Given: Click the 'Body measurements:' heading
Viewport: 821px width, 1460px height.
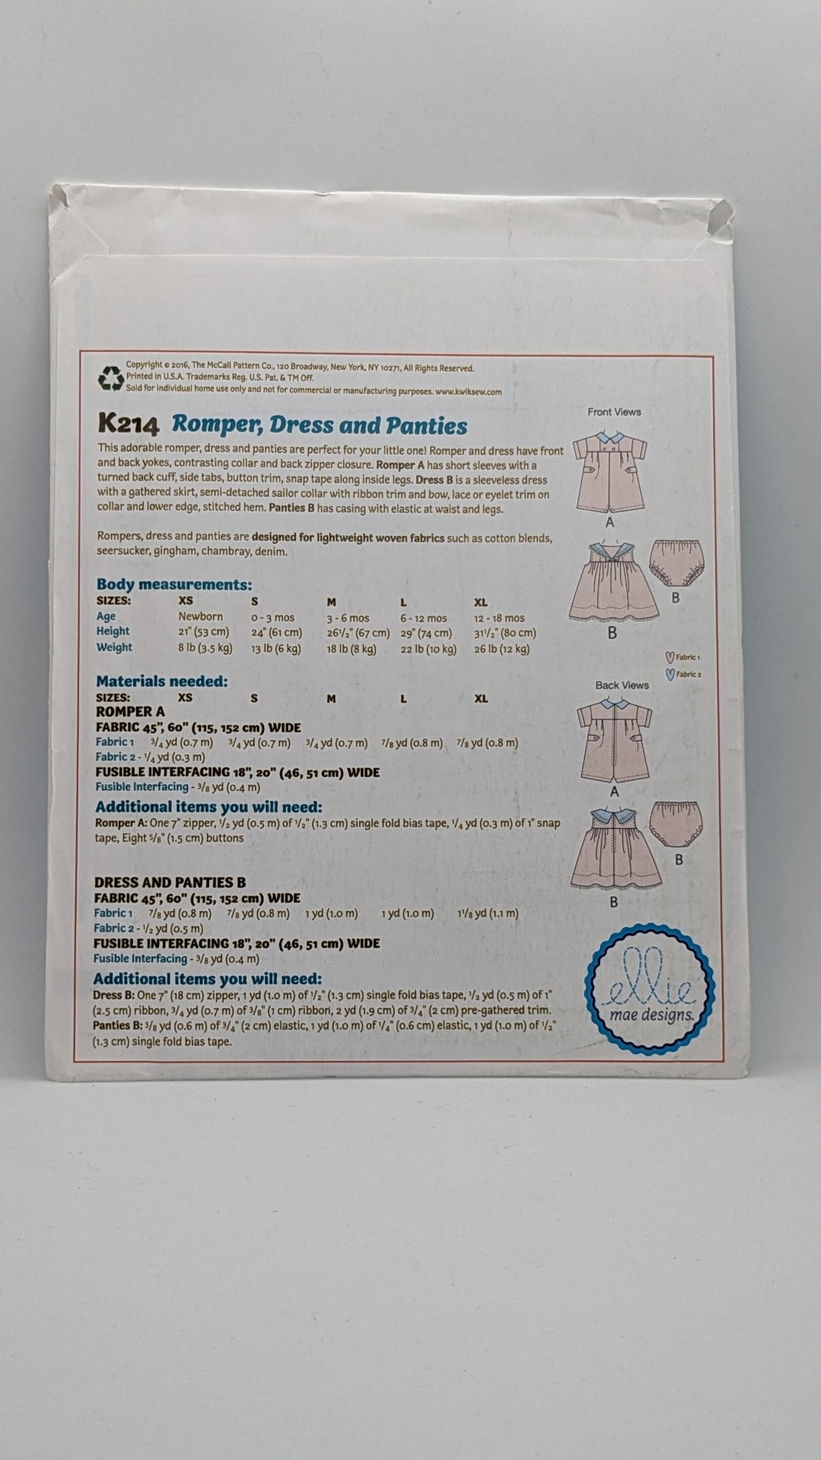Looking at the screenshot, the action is (174, 585).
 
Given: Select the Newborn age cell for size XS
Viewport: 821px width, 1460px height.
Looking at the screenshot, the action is (201, 617).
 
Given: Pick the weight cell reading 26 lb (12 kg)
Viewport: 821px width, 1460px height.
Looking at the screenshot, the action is (502, 649).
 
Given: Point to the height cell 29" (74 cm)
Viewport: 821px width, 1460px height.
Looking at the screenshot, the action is (426, 633).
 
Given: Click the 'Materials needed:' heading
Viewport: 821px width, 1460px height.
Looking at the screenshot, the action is (162, 681).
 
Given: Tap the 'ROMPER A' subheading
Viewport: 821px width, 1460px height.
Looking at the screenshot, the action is (130, 712).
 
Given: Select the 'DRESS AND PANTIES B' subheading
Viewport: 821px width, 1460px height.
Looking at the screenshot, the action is (170, 883).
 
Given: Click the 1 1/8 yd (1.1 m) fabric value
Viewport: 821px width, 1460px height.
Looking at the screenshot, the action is (488, 913).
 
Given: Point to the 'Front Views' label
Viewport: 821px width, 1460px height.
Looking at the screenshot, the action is (614, 412).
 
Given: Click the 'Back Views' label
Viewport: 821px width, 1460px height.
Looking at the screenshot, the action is (622, 685).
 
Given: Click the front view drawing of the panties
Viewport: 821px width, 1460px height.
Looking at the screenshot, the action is (674, 563).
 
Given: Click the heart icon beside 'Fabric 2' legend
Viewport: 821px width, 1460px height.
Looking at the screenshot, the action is (670, 675).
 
